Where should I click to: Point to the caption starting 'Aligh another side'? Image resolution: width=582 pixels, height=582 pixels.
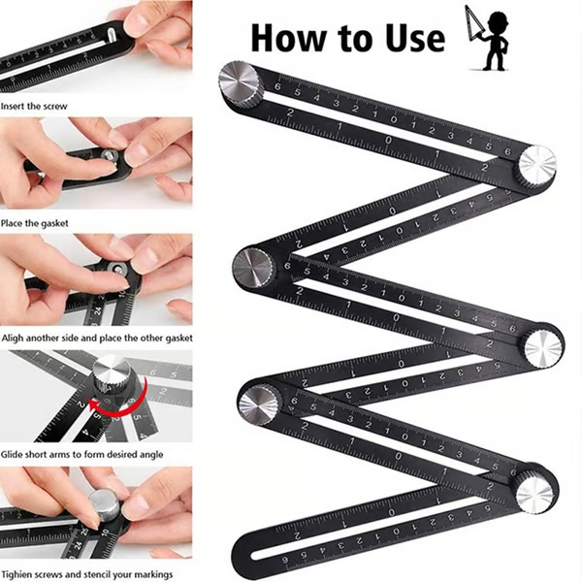coord(96,338)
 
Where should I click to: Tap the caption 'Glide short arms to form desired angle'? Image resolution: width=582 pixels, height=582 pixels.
coord(81,454)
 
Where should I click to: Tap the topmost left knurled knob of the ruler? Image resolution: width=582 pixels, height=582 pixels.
coord(241,84)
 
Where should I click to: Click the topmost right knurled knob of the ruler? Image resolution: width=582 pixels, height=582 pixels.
coord(534,165)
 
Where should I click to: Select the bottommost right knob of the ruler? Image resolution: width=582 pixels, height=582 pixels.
coord(535,491)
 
